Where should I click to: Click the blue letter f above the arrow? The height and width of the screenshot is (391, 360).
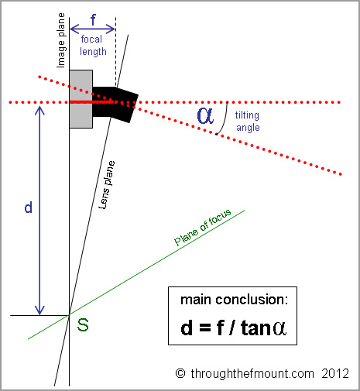(x=93, y=19)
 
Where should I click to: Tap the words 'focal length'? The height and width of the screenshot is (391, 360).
(x=93, y=46)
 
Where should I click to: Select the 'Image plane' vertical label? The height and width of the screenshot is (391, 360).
(x=61, y=40)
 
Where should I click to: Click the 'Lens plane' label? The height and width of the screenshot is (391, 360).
(x=107, y=185)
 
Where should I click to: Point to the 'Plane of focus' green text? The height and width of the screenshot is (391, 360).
(x=203, y=227)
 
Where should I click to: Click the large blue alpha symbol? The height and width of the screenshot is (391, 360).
(x=205, y=115)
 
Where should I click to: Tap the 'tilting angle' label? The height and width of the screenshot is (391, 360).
(x=248, y=122)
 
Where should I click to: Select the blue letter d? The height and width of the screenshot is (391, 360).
(x=29, y=208)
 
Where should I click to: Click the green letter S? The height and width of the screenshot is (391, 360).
(x=83, y=325)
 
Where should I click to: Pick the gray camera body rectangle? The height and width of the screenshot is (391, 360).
(x=81, y=99)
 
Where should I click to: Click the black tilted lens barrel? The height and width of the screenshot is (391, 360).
(x=115, y=104)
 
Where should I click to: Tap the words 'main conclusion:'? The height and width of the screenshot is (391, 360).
(x=234, y=300)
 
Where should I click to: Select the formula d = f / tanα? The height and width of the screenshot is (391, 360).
(x=233, y=328)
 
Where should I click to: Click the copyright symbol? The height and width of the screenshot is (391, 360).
(x=180, y=373)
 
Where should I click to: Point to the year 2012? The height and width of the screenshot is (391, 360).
(x=335, y=373)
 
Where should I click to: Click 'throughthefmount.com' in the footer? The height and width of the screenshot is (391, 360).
(x=252, y=374)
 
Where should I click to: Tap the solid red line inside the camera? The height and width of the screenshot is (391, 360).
(x=91, y=102)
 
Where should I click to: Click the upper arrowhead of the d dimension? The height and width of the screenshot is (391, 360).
(x=39, y=111)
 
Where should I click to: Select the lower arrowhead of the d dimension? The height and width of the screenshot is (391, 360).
(x=39, y=310)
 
